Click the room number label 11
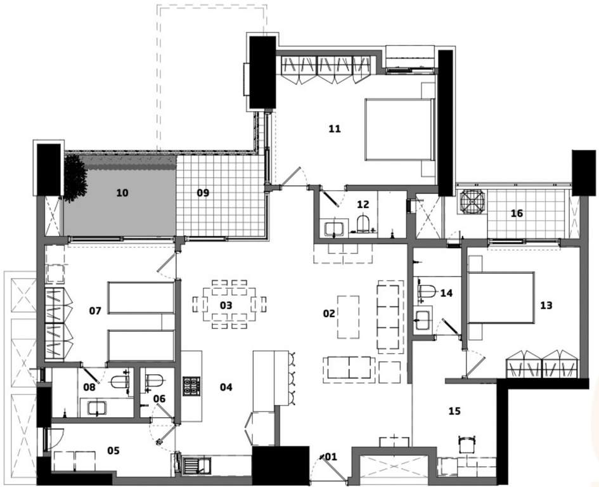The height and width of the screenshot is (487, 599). [335, 129]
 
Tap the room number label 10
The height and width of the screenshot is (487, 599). [122, 192]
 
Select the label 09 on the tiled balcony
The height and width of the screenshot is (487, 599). [202, 192]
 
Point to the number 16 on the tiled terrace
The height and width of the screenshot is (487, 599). [517, 214]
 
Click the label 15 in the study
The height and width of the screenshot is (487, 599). [454, 411]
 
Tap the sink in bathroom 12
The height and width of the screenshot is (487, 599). [334, 227]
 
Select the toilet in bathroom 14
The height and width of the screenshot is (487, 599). [426, 292]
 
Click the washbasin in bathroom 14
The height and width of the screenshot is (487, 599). [423, 316]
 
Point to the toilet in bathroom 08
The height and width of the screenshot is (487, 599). [119, 382]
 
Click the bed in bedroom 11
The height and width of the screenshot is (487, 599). [397, 130]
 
